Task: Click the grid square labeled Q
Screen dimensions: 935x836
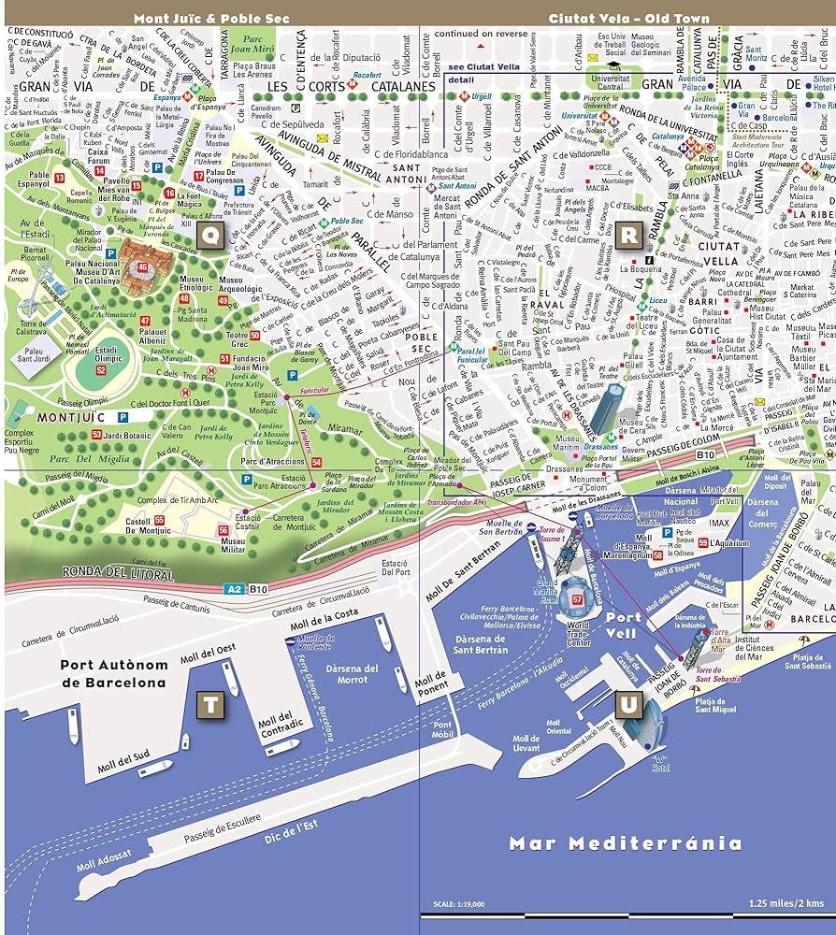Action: (210, 237)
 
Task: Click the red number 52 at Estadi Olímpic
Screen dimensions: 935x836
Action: (101, 369)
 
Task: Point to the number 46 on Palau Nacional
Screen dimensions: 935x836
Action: (142, 266)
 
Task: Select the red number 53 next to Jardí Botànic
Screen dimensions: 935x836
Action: (96, 435)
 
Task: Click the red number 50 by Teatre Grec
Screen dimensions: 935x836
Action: (254, 335)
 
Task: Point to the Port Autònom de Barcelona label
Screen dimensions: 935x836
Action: (113, 674)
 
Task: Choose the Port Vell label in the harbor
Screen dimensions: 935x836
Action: (624, 625)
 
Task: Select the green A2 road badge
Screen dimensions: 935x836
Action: (234, 590)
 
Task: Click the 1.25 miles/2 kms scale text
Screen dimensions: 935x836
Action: (784, 903)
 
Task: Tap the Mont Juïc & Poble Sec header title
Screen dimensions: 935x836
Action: (211, 18)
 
